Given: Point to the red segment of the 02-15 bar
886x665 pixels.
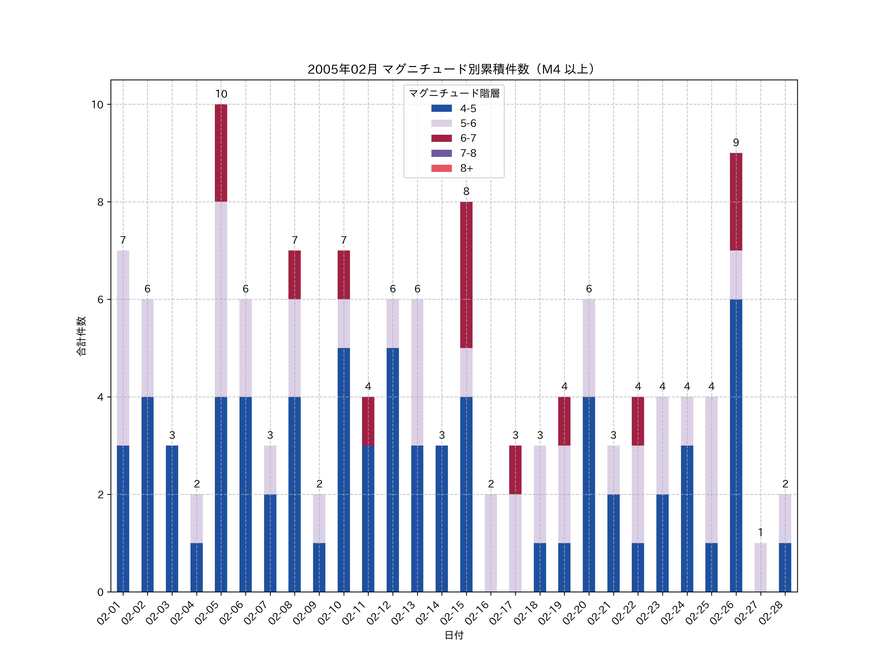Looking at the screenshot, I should pos(466,275).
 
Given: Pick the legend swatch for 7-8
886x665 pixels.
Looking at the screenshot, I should pos(441,153).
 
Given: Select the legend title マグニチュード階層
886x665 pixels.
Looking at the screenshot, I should pos(454,93).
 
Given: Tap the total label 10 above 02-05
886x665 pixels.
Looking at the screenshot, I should pos(221,94).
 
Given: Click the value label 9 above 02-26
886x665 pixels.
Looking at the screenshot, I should pos(736,143).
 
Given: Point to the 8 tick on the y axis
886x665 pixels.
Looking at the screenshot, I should pos(100,202).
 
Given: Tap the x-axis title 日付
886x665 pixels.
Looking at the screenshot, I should pos(454,635).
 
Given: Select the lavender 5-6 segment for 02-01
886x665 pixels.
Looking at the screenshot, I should pos(123,348).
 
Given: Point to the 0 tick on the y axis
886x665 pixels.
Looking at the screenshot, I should pos(100,592).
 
